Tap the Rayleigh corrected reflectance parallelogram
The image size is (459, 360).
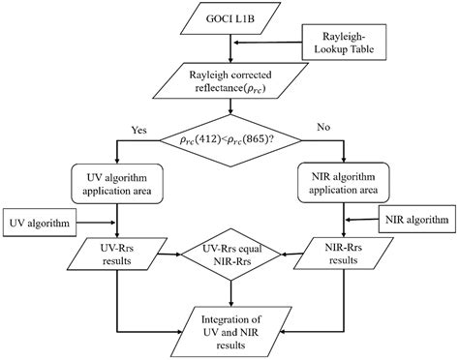[230, 83]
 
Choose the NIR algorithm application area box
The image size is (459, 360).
[343, 181]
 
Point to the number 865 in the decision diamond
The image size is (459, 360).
[256, 138]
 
